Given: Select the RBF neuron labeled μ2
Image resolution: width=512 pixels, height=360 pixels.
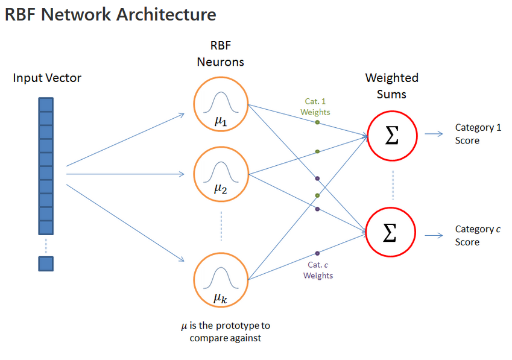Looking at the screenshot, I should [221, 174].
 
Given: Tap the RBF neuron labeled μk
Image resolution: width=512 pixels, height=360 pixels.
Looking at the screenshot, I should [221, 279].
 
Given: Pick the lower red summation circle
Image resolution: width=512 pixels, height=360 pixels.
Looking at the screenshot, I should [391, 232].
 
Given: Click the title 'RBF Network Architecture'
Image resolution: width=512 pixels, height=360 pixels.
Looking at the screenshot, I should [110, 14].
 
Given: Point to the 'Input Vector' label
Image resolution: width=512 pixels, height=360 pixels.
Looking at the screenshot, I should [47, 78].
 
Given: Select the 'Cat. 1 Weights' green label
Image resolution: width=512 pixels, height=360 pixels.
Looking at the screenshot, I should [315, 107].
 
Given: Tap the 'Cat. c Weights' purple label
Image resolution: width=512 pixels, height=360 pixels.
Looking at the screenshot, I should [318, 270].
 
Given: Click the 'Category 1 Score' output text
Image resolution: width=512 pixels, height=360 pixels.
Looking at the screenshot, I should [477, 134].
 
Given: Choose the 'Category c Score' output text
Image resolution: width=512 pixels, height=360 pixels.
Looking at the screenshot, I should [477, 235].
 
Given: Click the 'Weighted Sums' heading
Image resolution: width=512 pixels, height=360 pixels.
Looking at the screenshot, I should [391, 86].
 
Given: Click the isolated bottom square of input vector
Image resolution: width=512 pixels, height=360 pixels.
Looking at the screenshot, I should [46, 264].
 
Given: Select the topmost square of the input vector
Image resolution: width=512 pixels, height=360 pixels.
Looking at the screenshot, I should [46, 104].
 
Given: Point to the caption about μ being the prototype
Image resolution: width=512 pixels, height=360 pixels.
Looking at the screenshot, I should [226, 332].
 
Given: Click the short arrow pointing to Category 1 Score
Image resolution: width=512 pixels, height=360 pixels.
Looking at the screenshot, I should [434, 134].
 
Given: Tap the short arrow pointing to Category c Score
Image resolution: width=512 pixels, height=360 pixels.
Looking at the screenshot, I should [434, 235].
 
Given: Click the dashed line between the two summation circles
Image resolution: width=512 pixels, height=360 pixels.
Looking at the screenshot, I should [393, 184].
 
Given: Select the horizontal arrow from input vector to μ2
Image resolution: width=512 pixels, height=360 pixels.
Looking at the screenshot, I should [124, 174].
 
